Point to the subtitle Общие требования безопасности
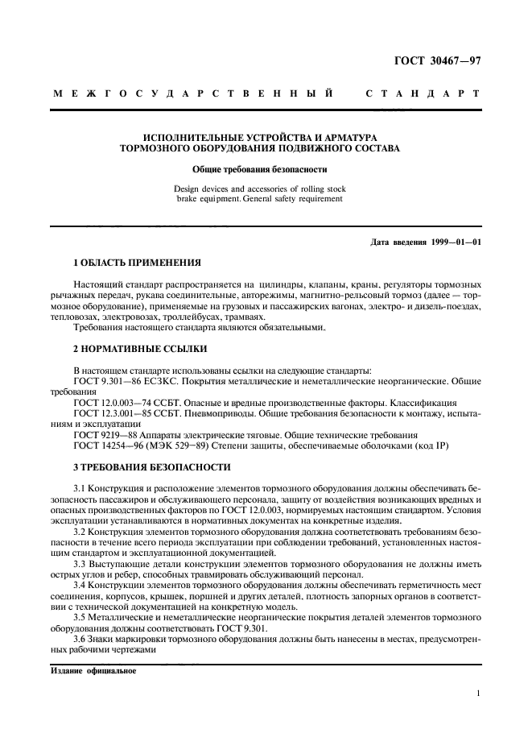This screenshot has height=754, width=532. pyautogui.click(x=259, y=170)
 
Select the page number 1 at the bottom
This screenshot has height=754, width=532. pyautogui.click(x=478, y=692)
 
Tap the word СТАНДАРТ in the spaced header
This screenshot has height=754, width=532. pyautogui.click(x=423, y=94)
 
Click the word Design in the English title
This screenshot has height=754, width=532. pyautogui.click(x=189, y=188)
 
